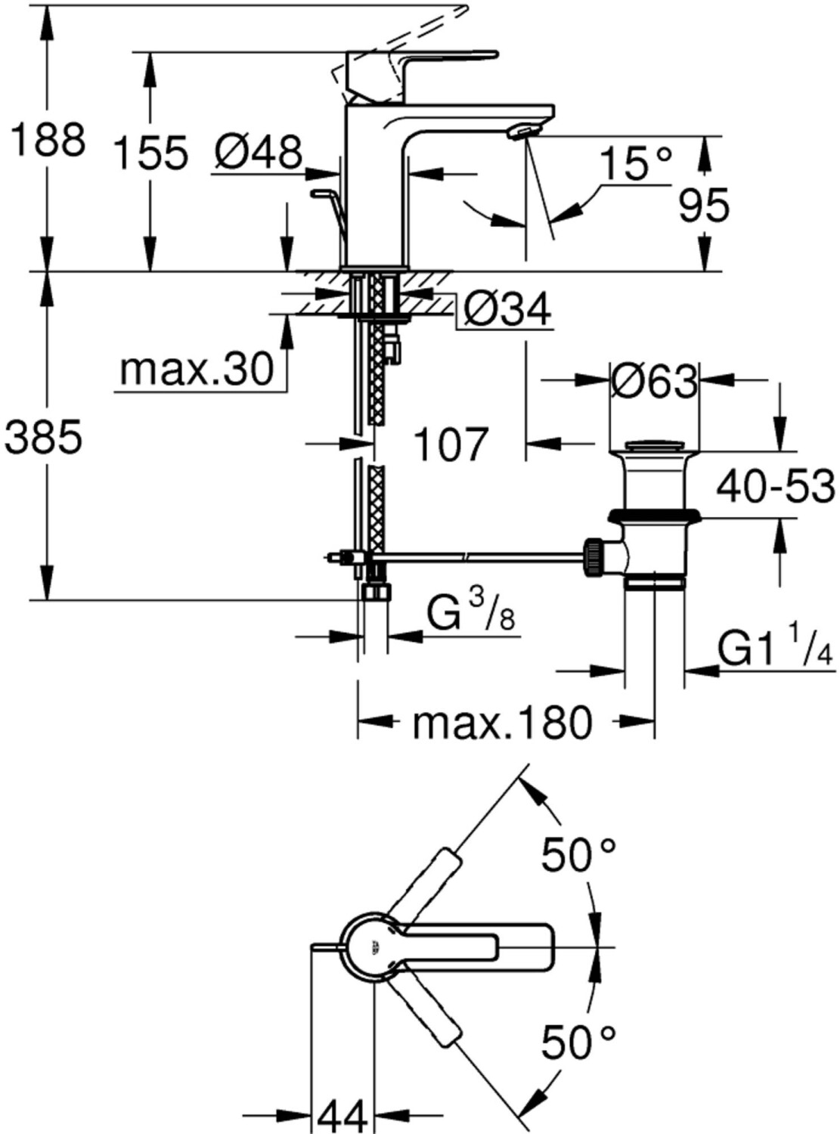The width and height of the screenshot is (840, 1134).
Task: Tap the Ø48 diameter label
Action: (259, 152)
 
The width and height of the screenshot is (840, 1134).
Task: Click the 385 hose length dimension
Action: (44, 437)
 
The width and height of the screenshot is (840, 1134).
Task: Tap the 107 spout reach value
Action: (449, 444)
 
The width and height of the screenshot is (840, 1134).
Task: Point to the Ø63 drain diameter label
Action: (655, 383)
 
